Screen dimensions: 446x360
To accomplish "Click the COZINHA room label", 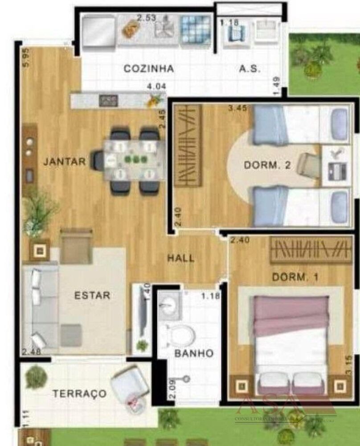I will [x=148, y=69].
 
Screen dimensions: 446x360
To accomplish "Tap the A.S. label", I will [x=250, y=69].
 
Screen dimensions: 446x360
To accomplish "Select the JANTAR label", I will [x=64, y=162].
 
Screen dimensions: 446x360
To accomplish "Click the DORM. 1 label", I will [x=295, y=277].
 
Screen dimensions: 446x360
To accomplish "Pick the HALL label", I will [x=181, y=258].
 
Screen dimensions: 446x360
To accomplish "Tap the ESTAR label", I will [x=92, y=295].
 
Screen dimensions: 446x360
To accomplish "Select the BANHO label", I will [x=193, y=353].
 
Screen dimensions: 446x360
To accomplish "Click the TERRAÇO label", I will [x=80, y=394].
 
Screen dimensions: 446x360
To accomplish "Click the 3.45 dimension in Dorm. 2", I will [x=237, y=108].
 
